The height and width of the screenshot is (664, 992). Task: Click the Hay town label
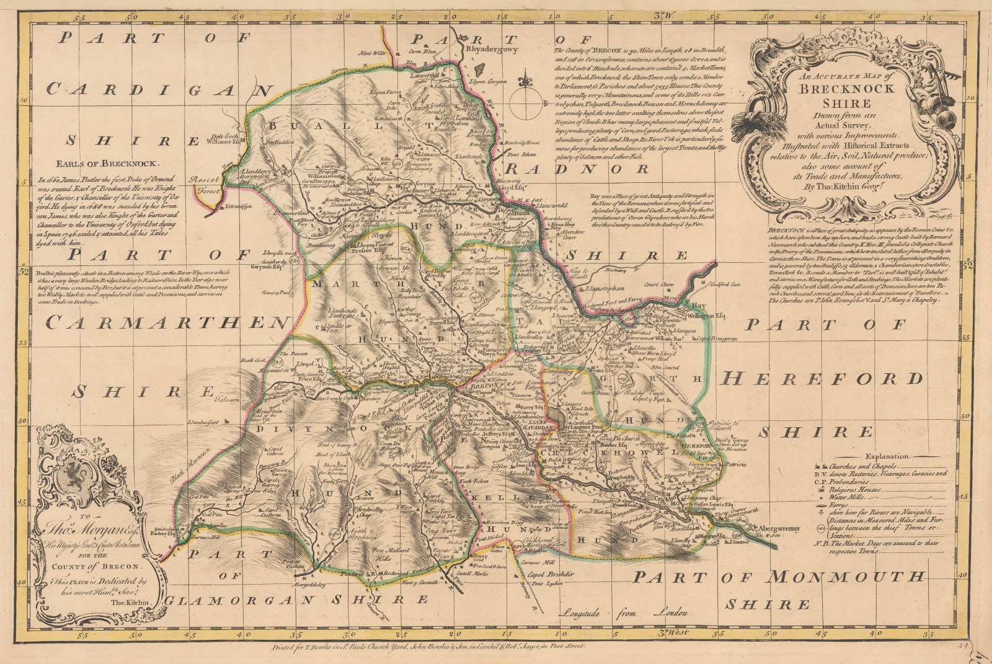click(699, 306)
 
